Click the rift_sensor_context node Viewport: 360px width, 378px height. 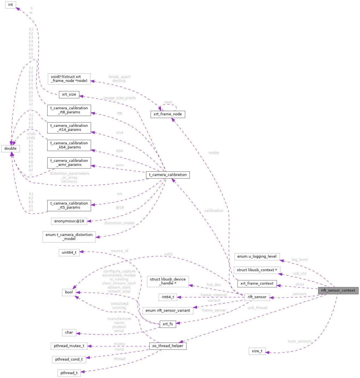(x=338, y=290)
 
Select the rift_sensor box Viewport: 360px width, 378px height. (x=257, y=297)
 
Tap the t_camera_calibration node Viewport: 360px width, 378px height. (x=168, y=175)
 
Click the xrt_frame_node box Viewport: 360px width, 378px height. (x=168, y=114)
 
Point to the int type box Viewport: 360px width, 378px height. (x=11, y=5)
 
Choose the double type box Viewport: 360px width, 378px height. (x=10, y=149)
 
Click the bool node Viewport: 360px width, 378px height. (x=69, y=292)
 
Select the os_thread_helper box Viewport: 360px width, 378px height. (x=168, y=346)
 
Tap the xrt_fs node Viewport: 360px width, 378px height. (x=168, y=324)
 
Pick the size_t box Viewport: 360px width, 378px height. (x=257, y=351)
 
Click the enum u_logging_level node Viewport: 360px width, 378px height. (x=257, y=256)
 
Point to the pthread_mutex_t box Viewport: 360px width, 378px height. (x=69, y=346)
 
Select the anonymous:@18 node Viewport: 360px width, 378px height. (x=69, y=221)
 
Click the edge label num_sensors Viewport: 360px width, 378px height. (x=299, y=342)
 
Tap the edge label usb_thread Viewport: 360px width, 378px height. (x=257, y=308)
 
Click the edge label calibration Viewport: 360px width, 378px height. (x=214, y=211)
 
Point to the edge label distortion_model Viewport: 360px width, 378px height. (x=119, y=223)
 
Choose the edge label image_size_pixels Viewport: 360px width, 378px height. (x=119, y=98)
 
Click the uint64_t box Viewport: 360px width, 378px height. (x=69, y=252)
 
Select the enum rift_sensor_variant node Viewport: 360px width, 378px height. (x=168, y=311)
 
